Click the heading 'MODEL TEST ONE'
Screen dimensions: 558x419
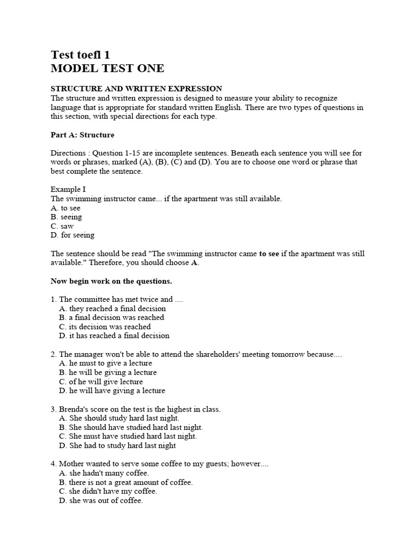click(x=107, y=69)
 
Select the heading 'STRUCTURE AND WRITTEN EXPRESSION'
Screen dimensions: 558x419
click(x=136, y=88)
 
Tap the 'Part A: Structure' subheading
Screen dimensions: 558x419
click(x=82, y=135)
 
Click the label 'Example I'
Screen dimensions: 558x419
click(x=68, y=190)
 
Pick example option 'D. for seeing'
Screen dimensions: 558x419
click(x=73, y=235)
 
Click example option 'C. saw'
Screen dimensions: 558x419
click(x=62, y=226)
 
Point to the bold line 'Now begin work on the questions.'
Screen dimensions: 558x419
click(x=111, y=281)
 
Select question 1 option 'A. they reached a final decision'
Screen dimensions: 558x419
click(x=112, y=308)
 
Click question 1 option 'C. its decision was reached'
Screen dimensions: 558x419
click(x=105, y=327)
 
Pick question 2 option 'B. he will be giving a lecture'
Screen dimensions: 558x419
click(x=107, y=373)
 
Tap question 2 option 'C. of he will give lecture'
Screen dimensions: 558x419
click(x=101, y=381)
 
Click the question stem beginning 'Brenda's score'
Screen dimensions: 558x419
click(x=135, y=409)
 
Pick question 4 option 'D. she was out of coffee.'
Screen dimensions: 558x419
click(x=101, y=501)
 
